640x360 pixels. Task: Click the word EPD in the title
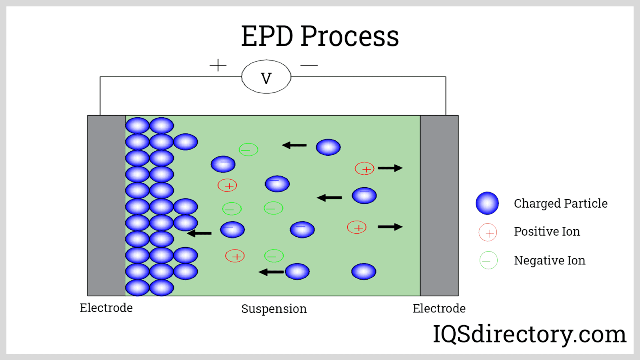click(x=267, y=36)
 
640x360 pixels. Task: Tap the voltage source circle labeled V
click(x=266, y=77)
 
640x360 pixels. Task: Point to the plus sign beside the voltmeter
click(x=218, y=65)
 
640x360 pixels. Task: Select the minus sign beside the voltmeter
click(x=309, y=65)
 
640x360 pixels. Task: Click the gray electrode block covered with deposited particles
click(x=106, y=206)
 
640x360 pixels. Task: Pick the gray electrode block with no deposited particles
click(x=439, y=206)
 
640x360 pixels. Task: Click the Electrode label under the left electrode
click(x=106, y=308)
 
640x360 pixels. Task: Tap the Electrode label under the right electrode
click(x=439, y=308)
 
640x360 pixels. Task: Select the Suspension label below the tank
click(x=274, y=309)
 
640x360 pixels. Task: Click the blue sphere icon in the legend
click(x=487, y=203)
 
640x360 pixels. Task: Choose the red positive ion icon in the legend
click(x=488, y=232)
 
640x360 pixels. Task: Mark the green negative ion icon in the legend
click(x=488, y=260)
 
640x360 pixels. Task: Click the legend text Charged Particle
click(x=560, y=204)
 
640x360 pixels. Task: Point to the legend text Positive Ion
click(x=547, y=232)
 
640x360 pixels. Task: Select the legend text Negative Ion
click(x=550, y=260)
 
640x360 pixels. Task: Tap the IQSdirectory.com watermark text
click(x=529, y=334)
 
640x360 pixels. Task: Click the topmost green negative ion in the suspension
click(x=248, y=150)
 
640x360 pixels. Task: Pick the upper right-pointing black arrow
click(x=390, y=168)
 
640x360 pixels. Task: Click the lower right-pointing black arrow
click(x=390, y=227)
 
